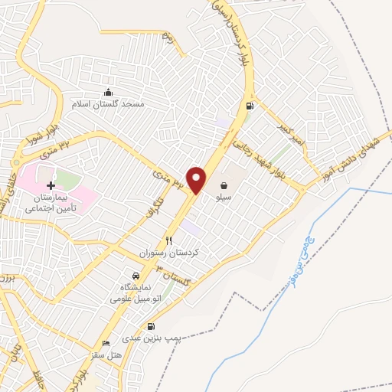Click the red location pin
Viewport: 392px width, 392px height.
(x=197, y=179)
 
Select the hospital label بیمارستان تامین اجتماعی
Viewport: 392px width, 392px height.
(x=54, y=202)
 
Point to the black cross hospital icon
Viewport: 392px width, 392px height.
(x=51, y=186)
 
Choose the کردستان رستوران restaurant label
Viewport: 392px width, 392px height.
(x=158, y=252)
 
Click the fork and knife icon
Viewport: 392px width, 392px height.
(x=158, y=240)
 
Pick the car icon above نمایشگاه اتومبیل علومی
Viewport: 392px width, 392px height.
(x=136, y=276)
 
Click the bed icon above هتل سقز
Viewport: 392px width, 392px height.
(x=106, y=343)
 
